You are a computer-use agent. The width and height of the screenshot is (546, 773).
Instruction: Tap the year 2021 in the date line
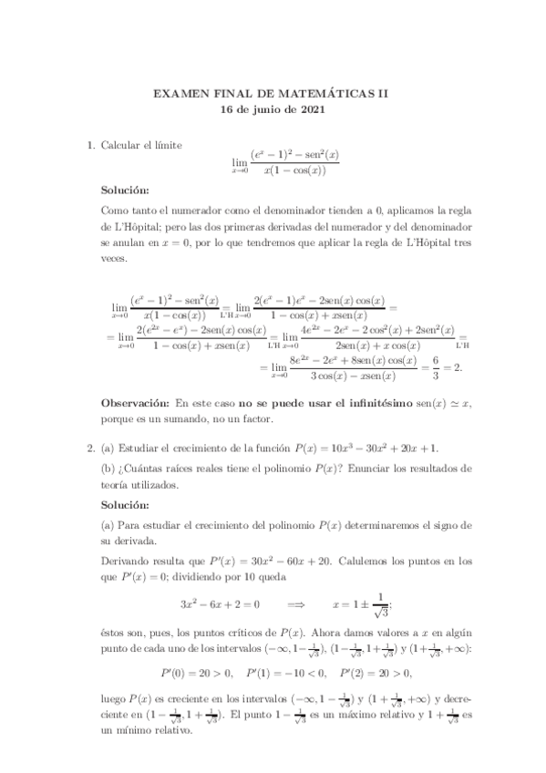point(310,108)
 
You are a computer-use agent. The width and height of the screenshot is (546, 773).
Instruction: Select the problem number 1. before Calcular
point(90,144)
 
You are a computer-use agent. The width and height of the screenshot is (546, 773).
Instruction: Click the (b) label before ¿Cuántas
point(108,469)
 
